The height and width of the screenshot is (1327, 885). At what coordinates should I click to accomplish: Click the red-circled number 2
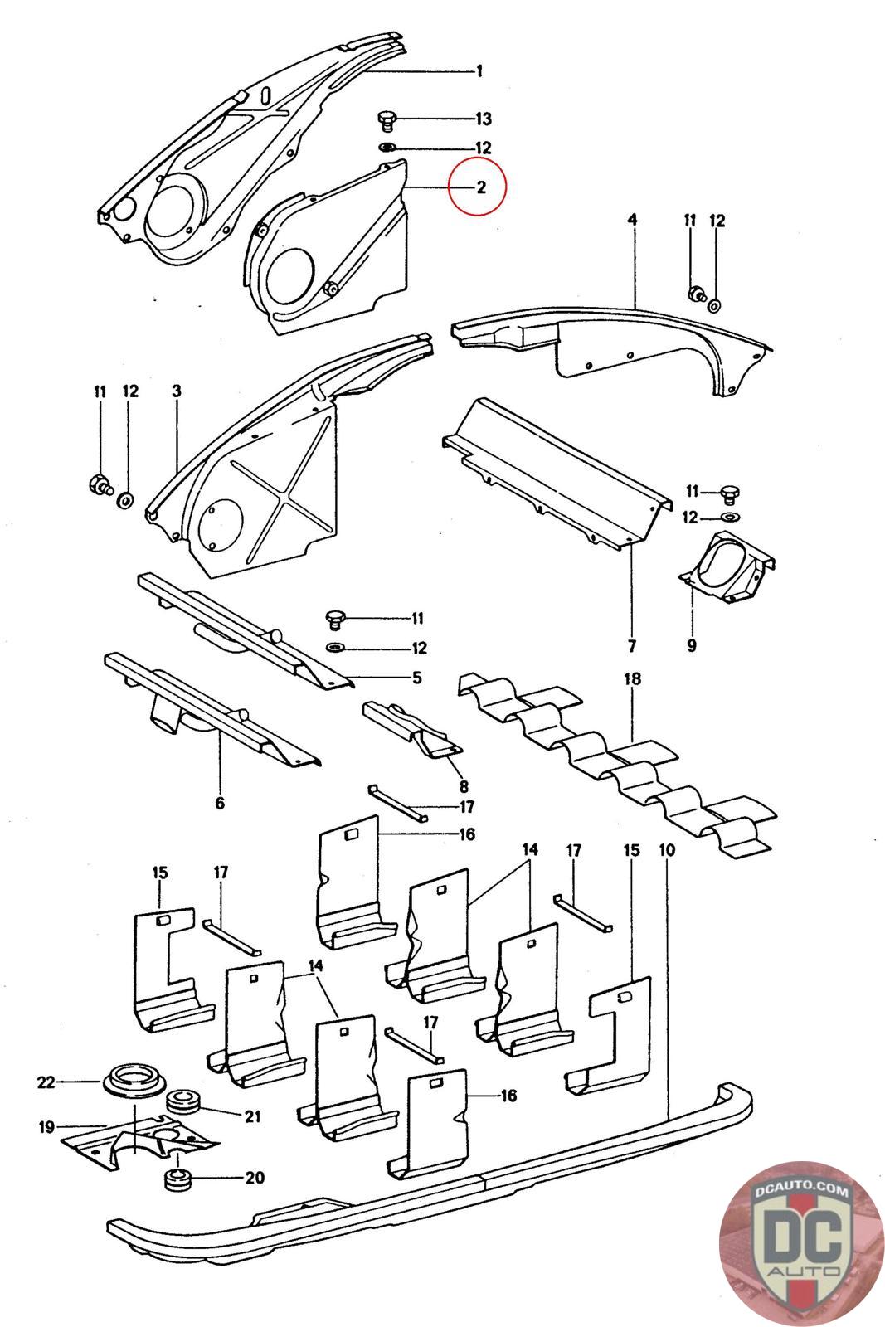(481, 187)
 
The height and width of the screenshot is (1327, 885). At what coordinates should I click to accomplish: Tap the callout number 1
(479, 71)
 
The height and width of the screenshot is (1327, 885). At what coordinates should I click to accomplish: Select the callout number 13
(484, 119)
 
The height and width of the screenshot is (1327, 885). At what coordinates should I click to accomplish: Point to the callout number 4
(632, 220)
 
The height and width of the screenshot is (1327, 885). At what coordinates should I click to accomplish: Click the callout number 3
(177, 391)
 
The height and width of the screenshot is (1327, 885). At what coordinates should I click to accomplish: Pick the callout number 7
(631, 646)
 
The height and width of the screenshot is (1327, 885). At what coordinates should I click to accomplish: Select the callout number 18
(632, 679)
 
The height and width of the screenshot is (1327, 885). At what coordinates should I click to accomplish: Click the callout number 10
(667, 850)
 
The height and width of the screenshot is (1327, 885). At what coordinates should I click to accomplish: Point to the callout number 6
(220, 804)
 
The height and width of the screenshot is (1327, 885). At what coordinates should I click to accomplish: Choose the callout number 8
(464, 786)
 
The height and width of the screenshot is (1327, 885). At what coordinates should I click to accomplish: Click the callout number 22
(46, 1082)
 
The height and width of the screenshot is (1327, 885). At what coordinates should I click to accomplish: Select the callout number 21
(253, 1116)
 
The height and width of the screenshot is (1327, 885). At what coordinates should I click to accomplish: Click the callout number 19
(46, 1127)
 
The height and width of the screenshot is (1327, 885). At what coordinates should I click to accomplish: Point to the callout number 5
(417, 677)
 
